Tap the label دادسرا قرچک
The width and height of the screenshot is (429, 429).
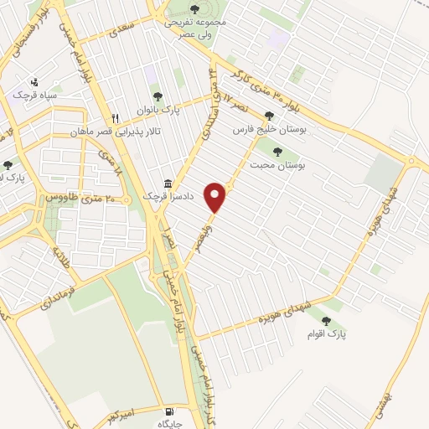click(140, 195)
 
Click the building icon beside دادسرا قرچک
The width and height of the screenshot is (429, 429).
click(168, 183)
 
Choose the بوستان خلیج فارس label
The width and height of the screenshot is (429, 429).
click(269, 131)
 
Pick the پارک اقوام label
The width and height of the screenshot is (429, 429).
click(326, 334)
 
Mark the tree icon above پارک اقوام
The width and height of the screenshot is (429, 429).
click(326, 319)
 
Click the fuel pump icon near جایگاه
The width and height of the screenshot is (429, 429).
click(172, 411)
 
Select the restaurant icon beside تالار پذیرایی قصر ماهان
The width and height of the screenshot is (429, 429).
click(116, 117)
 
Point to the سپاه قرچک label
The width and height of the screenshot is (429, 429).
click(33, 95)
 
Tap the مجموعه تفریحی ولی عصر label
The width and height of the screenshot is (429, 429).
click(194, 26)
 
